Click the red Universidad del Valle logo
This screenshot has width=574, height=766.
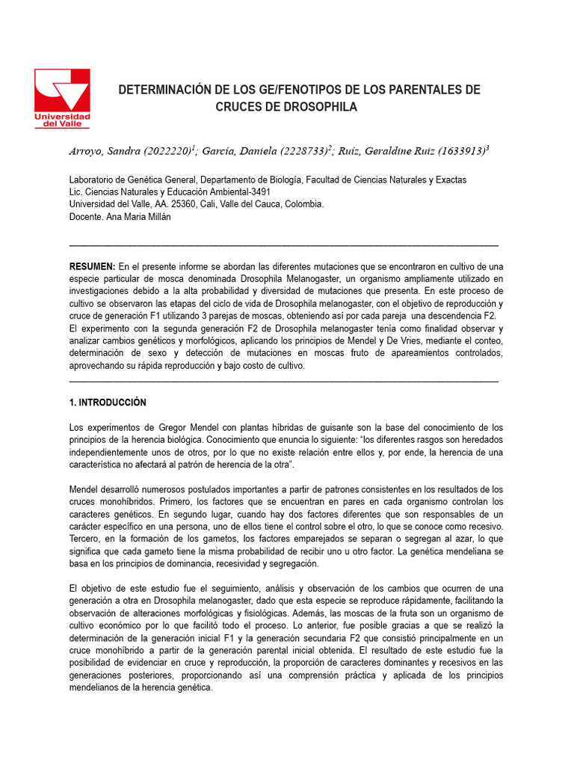pyautogui.click(x=62, y=98)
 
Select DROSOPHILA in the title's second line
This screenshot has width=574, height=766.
pyautogui.click(x=319, y=107)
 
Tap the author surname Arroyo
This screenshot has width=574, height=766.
pyautogui.click(x=88, y=151)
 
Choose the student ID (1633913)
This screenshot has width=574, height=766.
pyautogui.click(x=458, y=151)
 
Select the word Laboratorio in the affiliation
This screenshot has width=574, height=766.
pyautogui.click(x=94, y=180)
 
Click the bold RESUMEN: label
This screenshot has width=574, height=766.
pyautogui.click(x=92, y=266)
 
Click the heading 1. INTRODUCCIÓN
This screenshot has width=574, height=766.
pyautogui.click(x=108, y=402)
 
